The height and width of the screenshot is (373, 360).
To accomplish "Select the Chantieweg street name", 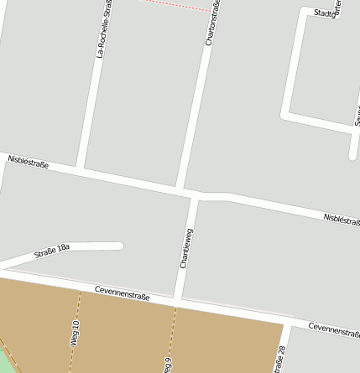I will point(188,247).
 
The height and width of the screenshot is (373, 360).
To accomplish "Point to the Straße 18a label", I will point(51,250).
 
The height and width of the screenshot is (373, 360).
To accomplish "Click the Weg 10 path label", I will point(75,333).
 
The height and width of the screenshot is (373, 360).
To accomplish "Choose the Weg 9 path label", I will point(168,365).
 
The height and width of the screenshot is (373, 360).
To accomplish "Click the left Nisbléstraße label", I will point(28,161).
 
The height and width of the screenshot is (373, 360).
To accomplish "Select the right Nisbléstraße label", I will point(342,220).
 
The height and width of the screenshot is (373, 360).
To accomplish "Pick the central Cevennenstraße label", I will point(122,291).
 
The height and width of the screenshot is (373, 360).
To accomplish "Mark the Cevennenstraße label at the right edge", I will point(334,329).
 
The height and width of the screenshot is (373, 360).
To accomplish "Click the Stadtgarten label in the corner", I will point(327,10).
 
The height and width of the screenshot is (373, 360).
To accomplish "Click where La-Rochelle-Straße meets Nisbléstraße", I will point(81,169).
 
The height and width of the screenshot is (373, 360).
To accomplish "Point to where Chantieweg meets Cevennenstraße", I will point(178,300).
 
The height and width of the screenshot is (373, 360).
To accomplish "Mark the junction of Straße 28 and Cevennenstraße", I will point(288,322).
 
